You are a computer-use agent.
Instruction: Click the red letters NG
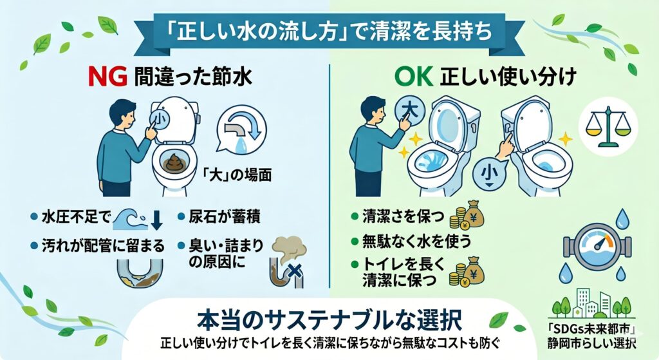pos(107,77)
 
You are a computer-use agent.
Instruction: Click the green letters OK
pos(414,77)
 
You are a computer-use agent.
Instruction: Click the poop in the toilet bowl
pos(174,162)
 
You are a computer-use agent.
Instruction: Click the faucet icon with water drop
pos(241,129)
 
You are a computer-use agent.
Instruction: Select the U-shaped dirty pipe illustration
pos(140,274)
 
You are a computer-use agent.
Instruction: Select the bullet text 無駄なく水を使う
pos(417,242)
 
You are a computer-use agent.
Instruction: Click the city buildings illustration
pos(592,302)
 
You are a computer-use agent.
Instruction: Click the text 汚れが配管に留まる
pos(103,245)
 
